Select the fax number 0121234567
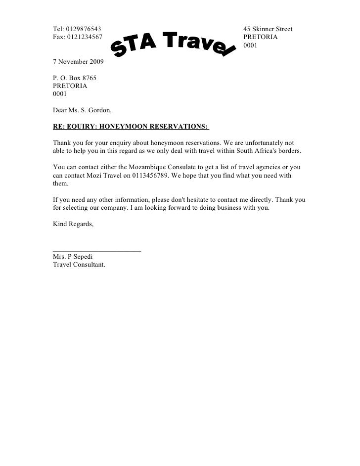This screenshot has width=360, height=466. (x=79, y=37)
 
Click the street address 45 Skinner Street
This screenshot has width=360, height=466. (x=268, y=29)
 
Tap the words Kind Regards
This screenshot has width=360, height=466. (x=72, y=224)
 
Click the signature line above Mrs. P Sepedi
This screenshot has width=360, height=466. (x=96, y=251)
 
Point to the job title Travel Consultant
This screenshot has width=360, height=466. (x=79, y=264)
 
